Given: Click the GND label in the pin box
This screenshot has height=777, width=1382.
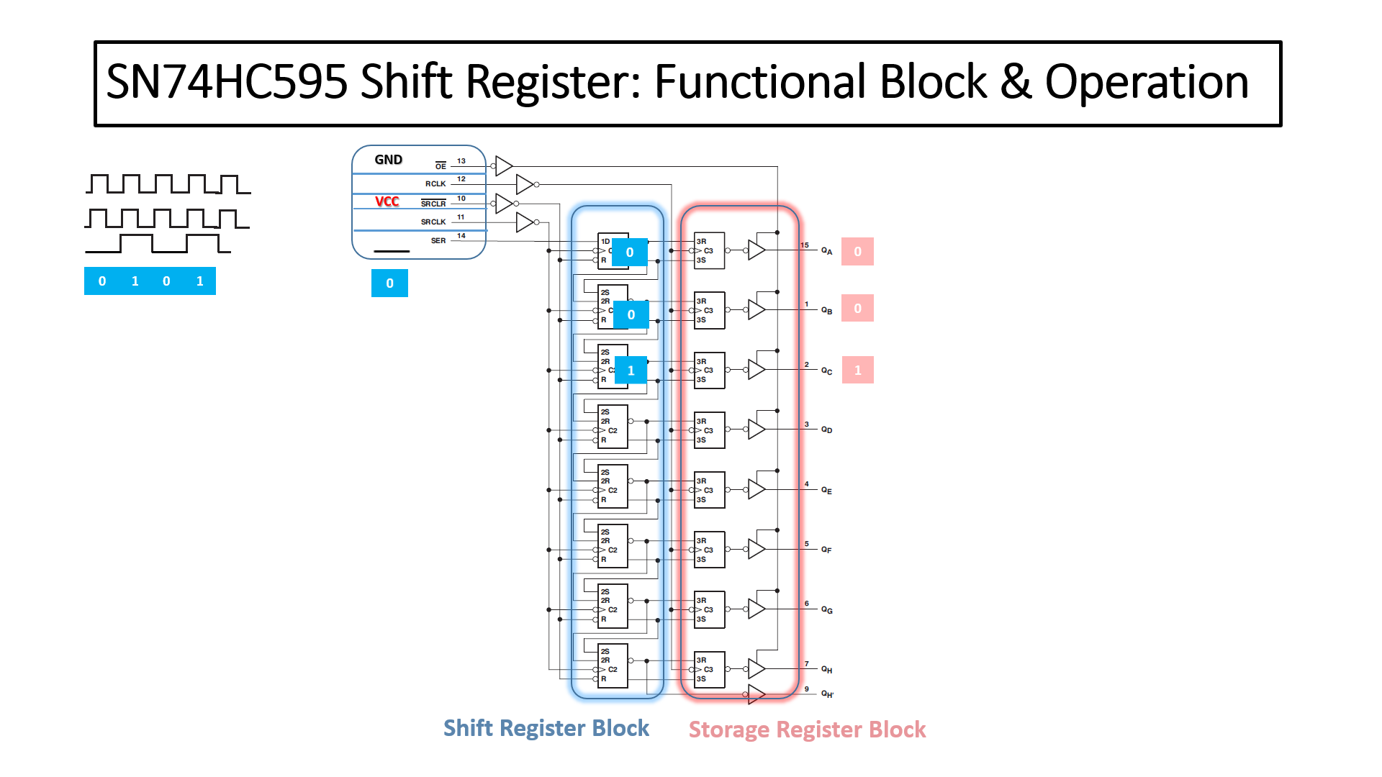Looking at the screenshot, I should (x=388, y=160).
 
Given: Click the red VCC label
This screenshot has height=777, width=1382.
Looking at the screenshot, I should (x=387, y=201).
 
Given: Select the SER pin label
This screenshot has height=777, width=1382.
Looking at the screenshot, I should (x=438, y=241).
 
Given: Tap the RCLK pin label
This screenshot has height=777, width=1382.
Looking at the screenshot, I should (x=435, y=184).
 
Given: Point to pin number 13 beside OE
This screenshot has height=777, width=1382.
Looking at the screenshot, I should (x=461, y=161).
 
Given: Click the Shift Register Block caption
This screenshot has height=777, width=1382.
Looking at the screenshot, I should (x=546, y=728).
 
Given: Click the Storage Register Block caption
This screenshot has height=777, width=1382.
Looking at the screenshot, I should (x=807, y=730).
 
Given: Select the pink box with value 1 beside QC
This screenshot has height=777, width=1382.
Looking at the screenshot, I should (x=857, y=370).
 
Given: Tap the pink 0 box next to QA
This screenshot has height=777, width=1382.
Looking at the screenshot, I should (x=857, y=252).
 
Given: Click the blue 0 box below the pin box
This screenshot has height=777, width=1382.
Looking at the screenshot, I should (x=389, y=283).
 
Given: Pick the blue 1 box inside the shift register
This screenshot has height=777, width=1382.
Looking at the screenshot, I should (x=631, y=371).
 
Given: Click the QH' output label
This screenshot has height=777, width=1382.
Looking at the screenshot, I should (x=827, y=694).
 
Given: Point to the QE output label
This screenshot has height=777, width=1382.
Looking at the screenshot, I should (x=826, y=491).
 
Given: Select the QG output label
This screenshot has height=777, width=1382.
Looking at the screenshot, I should (x=826, y=610).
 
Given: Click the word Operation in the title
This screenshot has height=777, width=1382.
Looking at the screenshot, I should (x=1146, y=82).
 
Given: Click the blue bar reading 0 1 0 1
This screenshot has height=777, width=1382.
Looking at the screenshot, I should (x=150, y=281).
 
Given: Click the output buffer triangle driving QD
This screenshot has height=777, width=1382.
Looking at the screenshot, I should (x=756, y=430).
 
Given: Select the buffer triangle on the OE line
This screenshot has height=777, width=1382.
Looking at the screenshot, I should (x=503, y=166).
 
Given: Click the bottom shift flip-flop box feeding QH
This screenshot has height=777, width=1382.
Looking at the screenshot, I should (x=613, y=665).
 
